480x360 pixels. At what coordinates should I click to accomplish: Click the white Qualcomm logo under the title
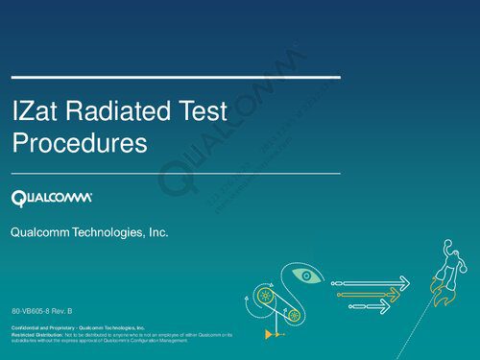52,198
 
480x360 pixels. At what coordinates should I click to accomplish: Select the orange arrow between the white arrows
370,294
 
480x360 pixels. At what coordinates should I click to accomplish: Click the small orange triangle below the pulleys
270,333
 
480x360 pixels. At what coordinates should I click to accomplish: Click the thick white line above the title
175,76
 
